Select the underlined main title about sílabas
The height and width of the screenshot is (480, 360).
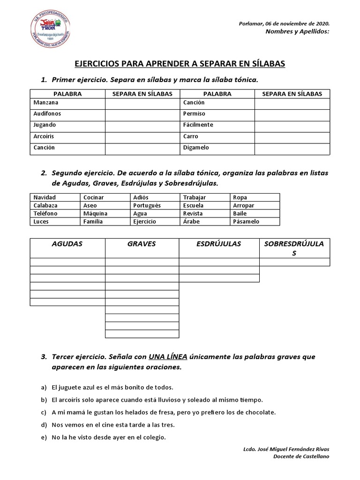point(180,63)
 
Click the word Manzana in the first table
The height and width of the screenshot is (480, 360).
point(46,102)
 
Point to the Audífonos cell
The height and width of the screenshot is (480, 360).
point(47,113)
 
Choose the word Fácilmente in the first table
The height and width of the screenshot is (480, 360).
point(198,125)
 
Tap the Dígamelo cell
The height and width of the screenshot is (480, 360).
point(196,147)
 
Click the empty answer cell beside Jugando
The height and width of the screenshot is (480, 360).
point(142,125)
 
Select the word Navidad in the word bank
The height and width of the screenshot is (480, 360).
point(45,197)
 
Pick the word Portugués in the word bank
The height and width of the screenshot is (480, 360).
point(147,205)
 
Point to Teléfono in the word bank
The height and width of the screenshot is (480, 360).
point(45,213)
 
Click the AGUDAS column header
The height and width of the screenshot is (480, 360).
point(67,244)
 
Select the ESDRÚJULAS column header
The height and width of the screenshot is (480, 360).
point(219,244)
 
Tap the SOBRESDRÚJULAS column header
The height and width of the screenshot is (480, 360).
point(294,248)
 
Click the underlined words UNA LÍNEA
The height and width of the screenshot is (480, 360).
point(168,357)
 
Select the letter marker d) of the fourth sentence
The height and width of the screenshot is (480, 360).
point(44,425)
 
